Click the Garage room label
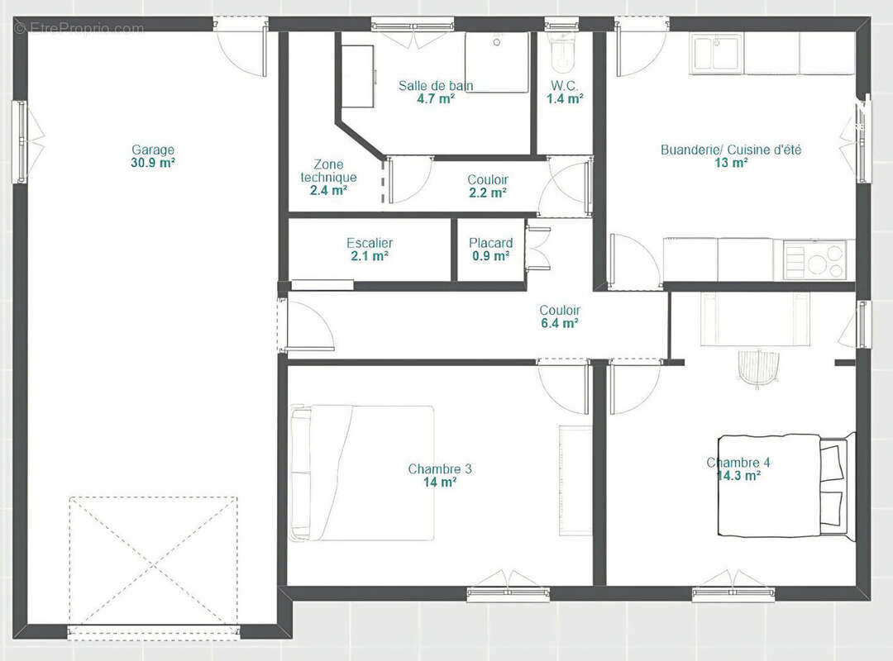(153, 150)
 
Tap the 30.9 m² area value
(153, 163)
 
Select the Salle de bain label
(436, 85)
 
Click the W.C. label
(565, 86)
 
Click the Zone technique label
(328, 171)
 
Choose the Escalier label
(370, 243)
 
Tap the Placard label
(491, 243)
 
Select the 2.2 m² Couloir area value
(488, 193)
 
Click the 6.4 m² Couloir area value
(560, 323)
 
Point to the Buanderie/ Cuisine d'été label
(731, 150)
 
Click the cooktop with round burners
(813, 259)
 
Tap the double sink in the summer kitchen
(716, 54)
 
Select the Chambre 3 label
(440, 469)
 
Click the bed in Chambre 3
(361, 473)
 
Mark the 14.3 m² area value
(738, 476)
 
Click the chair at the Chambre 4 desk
(757, 368)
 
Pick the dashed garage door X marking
(154, 561)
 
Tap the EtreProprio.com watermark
(79, 28)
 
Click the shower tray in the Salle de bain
(497, 62)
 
